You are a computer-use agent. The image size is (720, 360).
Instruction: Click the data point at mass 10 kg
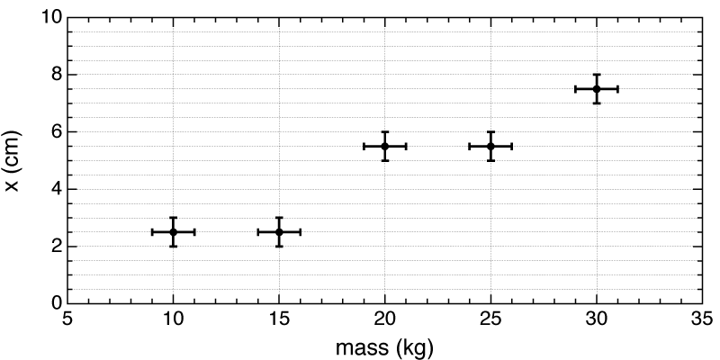173,231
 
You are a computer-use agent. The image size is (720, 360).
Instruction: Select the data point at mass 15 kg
279,231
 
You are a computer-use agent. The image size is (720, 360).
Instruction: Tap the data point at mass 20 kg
385,146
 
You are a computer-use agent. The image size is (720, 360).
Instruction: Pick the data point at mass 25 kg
490,146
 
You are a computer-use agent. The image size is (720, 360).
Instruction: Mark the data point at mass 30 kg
597,88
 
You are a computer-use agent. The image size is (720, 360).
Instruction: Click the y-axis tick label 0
56,303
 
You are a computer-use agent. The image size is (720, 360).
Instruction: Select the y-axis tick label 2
56,246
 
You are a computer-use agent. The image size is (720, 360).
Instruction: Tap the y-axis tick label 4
56,189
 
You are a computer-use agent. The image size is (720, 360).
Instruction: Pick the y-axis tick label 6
56,131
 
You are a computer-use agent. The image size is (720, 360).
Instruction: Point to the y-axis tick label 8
56,75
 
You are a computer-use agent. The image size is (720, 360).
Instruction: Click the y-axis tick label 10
51,18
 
